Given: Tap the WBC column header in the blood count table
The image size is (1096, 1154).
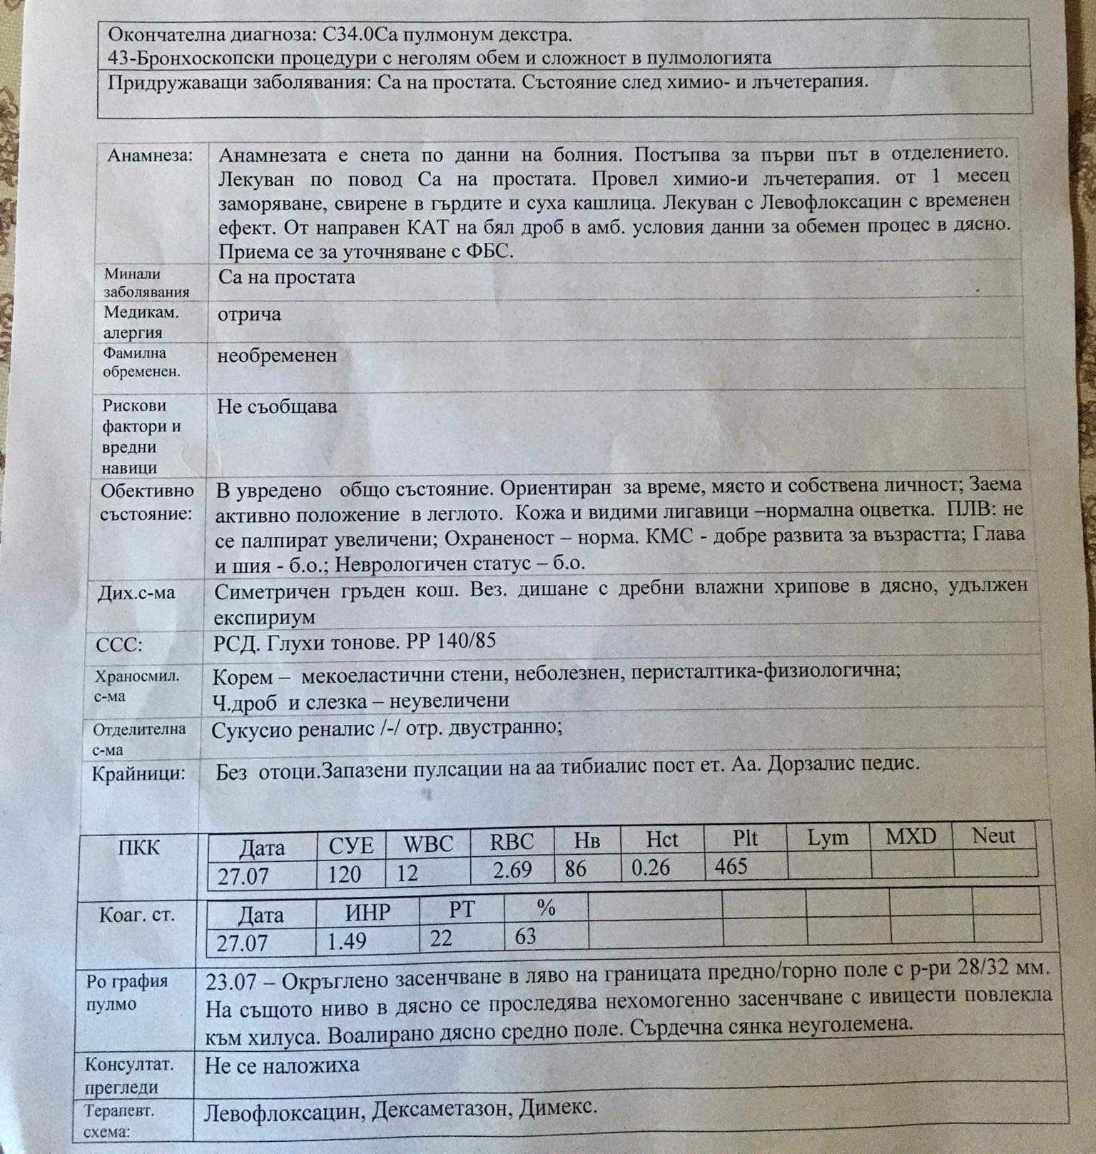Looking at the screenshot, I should point(428,843).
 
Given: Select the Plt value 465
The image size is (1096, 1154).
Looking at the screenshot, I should point(731,866).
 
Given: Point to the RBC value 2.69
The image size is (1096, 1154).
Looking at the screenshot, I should point(512,870).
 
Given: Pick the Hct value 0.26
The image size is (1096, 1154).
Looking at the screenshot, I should point(651,867).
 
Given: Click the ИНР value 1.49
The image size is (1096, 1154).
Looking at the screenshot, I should point(347,941).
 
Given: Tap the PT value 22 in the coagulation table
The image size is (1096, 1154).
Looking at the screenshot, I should point(441,938).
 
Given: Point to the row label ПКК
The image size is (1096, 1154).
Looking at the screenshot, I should point(138,848).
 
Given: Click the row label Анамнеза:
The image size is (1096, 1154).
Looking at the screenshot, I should point(150,155).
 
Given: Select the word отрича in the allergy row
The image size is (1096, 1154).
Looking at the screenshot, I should point(249,314).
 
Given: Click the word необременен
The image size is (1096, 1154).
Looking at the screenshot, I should point(277,355).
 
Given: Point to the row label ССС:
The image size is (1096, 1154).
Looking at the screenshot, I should point(119,646).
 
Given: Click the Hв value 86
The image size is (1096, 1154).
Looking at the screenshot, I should point(575,868).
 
